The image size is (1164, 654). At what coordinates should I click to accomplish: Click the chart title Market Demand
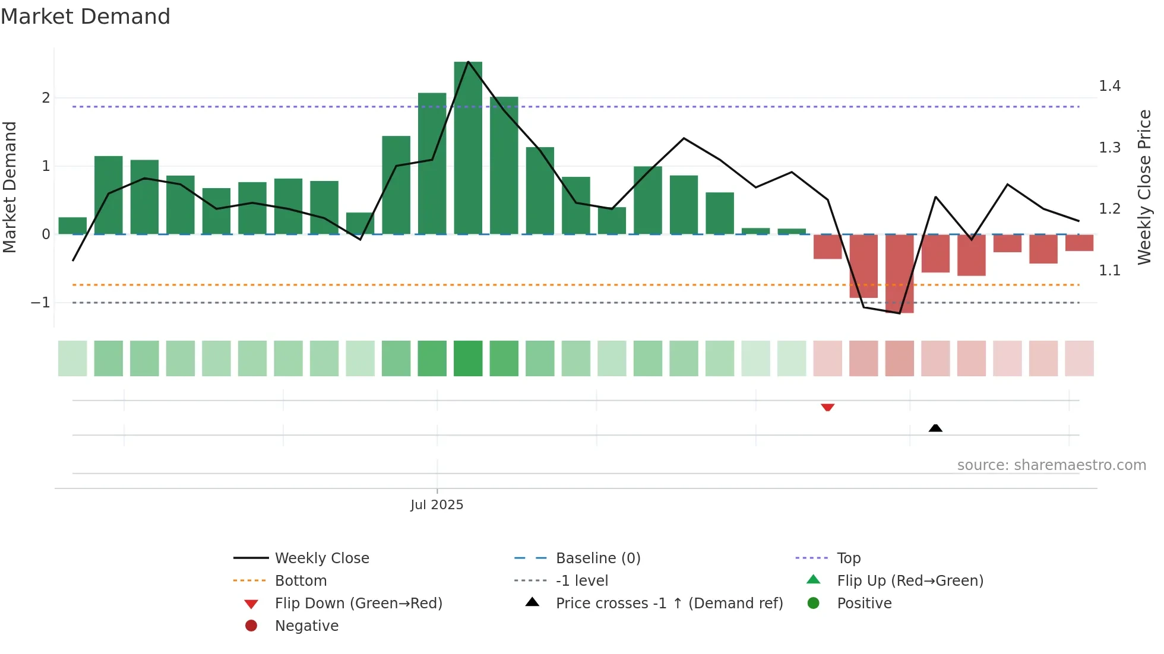tap(86, 17)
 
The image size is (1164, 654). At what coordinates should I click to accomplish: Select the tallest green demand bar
tap(468, 148)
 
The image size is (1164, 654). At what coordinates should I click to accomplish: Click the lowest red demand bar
tap(899, 273)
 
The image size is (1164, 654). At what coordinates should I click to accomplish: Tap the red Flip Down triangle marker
tap(827, 407)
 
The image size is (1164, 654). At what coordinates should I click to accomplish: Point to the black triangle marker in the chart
tap(935, 428)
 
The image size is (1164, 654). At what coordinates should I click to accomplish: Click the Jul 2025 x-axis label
tap(436, 505)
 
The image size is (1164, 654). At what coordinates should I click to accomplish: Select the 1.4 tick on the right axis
tap(1109, 87)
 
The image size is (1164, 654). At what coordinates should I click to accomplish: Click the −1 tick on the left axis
tap(41, 303)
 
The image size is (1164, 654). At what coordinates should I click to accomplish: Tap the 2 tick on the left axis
tap(46, 98)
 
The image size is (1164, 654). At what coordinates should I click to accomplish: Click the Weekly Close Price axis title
tap(1144, 187)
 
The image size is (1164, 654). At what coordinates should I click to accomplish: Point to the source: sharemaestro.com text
tap(1051, 465)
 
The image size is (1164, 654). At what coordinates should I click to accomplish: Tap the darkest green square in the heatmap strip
tap(468, 358)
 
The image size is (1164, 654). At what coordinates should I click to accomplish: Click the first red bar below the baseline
tap(827, 246)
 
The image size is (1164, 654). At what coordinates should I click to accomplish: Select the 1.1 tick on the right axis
tap(1109, 271)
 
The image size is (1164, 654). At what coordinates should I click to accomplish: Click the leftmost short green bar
tap(72, 226)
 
